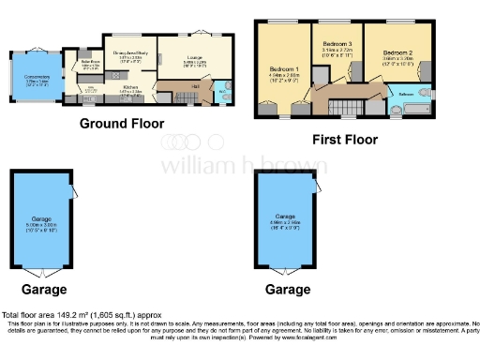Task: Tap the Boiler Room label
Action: (x=91, y=66)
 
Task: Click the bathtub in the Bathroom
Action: (x=411, y=111)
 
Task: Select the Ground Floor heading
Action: (x=122, y=124)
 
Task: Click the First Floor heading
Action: (x=345, y=140)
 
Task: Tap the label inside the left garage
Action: (x=43, y=223)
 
